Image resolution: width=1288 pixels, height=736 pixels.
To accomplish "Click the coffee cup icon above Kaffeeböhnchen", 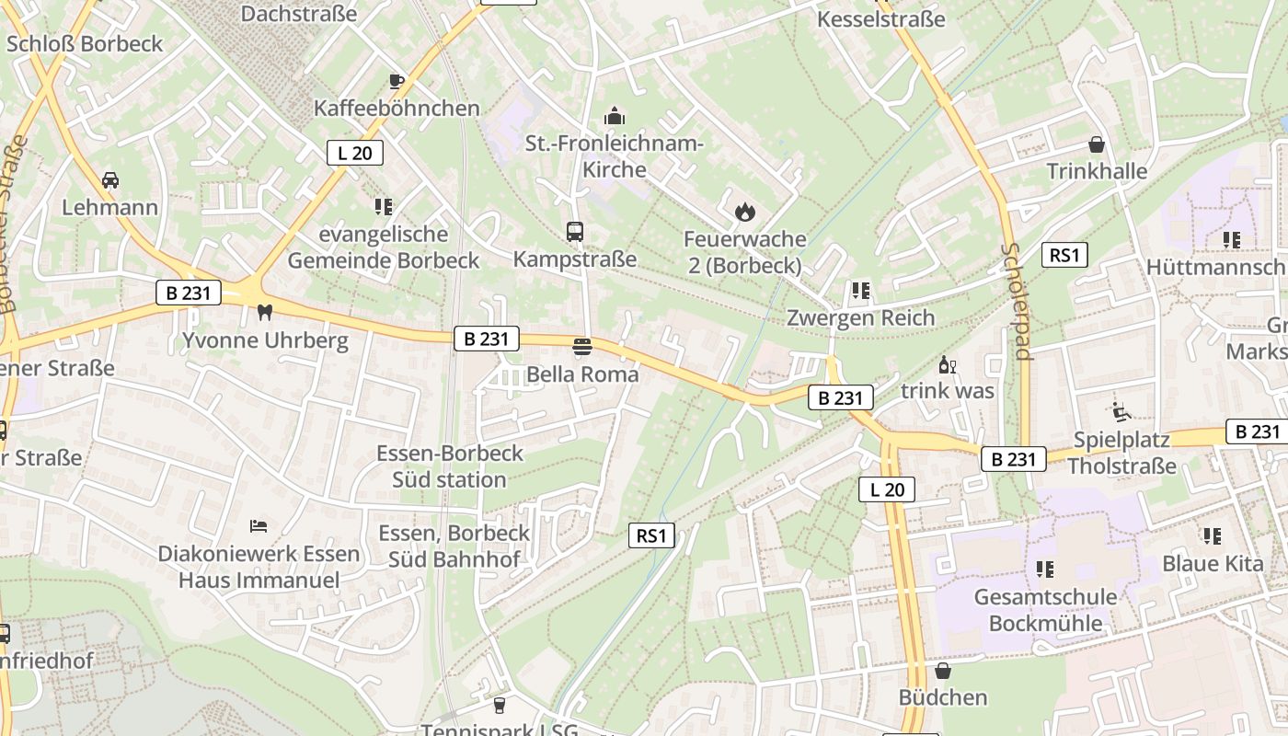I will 397,81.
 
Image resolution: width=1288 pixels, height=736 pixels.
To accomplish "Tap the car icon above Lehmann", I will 110,179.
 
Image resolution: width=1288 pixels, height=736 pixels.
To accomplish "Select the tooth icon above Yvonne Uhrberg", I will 265,312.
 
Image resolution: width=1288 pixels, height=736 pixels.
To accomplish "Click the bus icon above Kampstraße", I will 575,231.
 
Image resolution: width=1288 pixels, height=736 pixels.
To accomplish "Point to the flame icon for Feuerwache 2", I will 744,212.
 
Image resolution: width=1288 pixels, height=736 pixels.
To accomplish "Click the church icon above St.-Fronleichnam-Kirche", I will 614,116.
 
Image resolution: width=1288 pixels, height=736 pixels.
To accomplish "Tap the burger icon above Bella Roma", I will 581,347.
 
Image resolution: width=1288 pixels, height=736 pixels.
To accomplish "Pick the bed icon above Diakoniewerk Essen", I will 259,526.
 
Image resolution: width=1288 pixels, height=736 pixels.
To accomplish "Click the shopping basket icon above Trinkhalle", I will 1097,144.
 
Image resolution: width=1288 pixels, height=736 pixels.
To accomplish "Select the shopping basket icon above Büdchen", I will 943,671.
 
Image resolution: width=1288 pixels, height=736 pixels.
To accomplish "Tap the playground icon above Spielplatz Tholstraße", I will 1121,412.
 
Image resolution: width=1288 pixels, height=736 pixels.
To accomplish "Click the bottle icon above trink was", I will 947,365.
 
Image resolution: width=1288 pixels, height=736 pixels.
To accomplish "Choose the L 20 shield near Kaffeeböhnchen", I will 354,153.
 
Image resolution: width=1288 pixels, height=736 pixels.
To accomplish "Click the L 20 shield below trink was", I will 887,489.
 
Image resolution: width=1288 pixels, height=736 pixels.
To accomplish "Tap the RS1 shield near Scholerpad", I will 1064,255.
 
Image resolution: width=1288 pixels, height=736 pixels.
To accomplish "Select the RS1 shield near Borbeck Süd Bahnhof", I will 651,535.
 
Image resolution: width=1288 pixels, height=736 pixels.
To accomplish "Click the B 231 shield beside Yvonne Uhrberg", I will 189,293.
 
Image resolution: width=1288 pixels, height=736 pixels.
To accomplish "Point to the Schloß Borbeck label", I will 84,43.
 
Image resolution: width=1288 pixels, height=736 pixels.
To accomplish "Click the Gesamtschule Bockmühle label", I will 1045,610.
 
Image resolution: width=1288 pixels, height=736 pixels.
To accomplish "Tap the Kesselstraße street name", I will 880,18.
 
